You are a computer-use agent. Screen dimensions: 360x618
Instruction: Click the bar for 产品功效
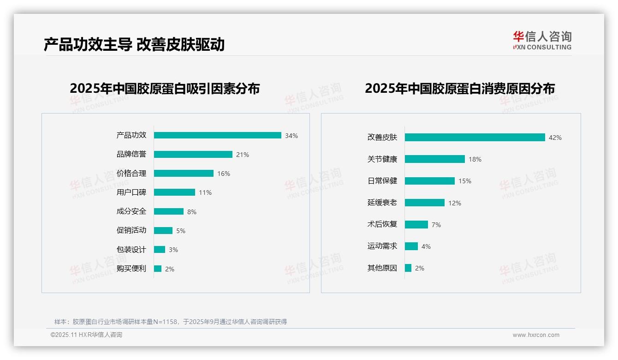click(x=217, y=135)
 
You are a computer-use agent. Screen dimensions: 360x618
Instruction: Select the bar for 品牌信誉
click(x=193, y=154)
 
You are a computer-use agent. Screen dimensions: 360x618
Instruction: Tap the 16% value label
click(x=224, y=174)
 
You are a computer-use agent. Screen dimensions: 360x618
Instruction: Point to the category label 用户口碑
click(x=131, y=192)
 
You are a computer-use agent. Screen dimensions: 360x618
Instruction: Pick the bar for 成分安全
click(x=168, y=211)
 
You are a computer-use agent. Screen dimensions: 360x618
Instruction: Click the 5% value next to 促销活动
click(x=181, y=231)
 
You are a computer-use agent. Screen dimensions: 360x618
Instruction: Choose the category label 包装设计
click(x=131, y=250)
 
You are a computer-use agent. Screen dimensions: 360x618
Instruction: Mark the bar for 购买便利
click(x=158, y=269)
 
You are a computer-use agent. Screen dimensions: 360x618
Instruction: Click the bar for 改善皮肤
click(x=475, y=137)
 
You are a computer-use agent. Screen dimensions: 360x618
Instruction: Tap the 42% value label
click(x=555, y=138)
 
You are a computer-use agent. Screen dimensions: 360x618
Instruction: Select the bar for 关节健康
click(x=434, y=159)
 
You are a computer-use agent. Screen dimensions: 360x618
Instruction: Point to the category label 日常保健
click(x=382, y=181)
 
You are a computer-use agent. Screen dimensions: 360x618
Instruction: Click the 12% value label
click(x=455, y=203)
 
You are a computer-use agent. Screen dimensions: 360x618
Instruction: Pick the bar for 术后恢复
click(x=416, y=224)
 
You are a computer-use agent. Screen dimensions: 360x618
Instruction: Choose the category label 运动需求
click(x=382, y=246)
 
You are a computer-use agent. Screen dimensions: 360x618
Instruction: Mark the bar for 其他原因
click(x=408, y=268)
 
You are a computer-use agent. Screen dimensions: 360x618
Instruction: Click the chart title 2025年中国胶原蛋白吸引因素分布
click(x=165, y=88)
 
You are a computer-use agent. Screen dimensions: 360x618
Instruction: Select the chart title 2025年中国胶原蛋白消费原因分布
click(x=459, y=88)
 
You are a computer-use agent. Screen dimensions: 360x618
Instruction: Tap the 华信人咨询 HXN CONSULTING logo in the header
click(x=542, y=40)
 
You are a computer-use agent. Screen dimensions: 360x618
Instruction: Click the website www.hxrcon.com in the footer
click(x=536, y=335)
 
